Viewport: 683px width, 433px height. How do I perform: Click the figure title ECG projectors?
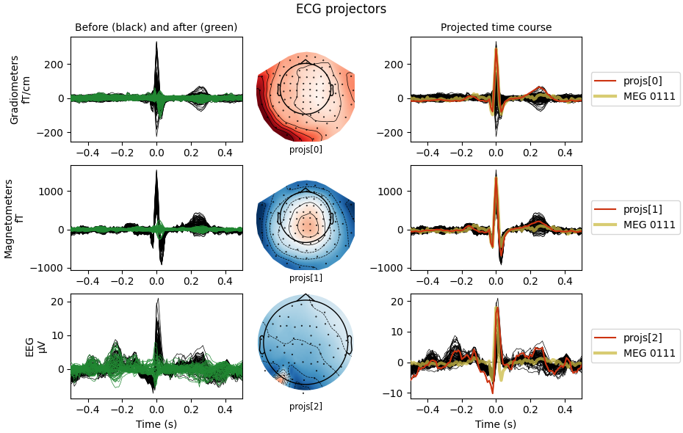point(341,10)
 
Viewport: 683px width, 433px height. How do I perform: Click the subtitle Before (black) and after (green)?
point(156,28)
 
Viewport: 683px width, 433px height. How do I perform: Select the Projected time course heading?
point(496,28)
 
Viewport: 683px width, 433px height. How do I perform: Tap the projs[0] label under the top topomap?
point(306,149)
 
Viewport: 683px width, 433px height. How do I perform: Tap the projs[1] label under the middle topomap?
point(306,277)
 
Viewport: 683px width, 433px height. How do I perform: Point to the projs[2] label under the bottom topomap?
point(306,406)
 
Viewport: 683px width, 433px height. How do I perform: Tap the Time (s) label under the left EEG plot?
point(156,424)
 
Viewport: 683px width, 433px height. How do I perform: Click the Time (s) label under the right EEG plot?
point(496,424)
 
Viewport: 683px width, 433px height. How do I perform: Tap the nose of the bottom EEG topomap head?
point(306,296)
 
